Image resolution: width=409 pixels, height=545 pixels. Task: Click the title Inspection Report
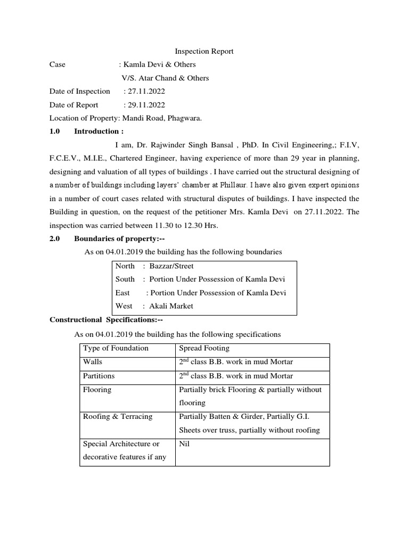click(204, 52)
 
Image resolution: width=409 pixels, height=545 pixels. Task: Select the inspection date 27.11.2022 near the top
click(144, 92)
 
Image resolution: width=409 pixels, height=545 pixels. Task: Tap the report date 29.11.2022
click(144, 105)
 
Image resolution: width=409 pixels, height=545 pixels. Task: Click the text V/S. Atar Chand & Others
click(165, 78)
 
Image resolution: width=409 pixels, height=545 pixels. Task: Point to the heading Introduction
click(99, 131)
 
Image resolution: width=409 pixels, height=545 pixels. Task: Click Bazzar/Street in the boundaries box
click(171, 266)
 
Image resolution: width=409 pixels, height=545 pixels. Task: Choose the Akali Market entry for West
click(171, 306)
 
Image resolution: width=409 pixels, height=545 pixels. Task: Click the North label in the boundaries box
click(125, 266)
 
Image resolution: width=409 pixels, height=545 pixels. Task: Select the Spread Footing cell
click(204, 349)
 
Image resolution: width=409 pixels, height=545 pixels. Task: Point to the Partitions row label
click(99, 376)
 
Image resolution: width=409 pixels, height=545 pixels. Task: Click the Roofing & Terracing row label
click(118, 417)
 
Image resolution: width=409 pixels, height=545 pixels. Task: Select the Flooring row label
click(97, 390)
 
